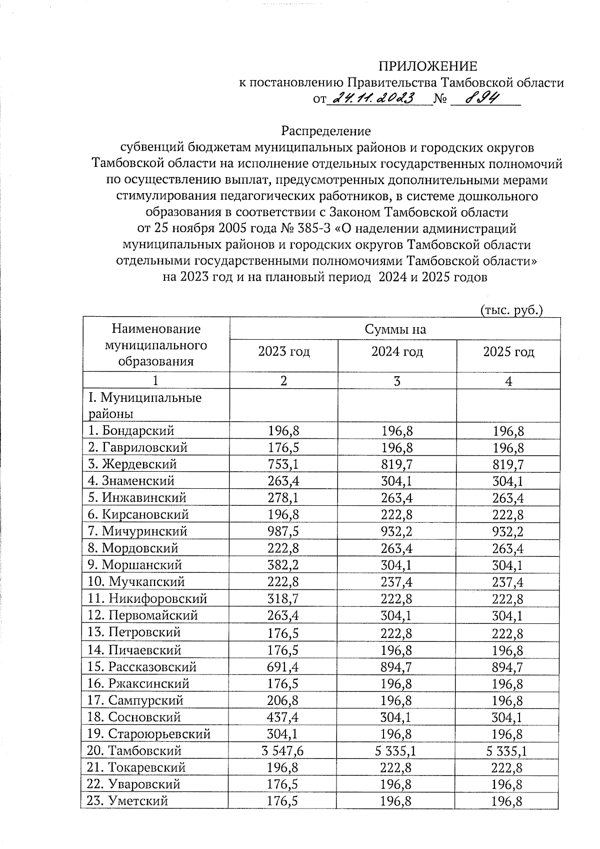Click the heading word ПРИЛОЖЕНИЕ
point(427,67)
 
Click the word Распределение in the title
point(326,131)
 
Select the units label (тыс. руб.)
point(511,310)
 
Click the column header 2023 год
point(283,352)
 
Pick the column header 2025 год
point(508,352)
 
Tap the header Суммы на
point(395,329)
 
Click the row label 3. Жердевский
point(132,464)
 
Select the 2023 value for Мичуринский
point(283,531)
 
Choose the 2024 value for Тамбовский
point(396,751)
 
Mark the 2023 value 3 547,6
point(283,751)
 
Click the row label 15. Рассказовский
point(142,667)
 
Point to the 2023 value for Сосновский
point(283,717)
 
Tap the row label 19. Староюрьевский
point(148,734)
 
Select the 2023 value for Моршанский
point(283,565)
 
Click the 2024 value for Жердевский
point(396,464)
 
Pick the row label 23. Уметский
point(127,801)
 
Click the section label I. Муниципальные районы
point(145,406)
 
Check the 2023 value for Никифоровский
point(283,599)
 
